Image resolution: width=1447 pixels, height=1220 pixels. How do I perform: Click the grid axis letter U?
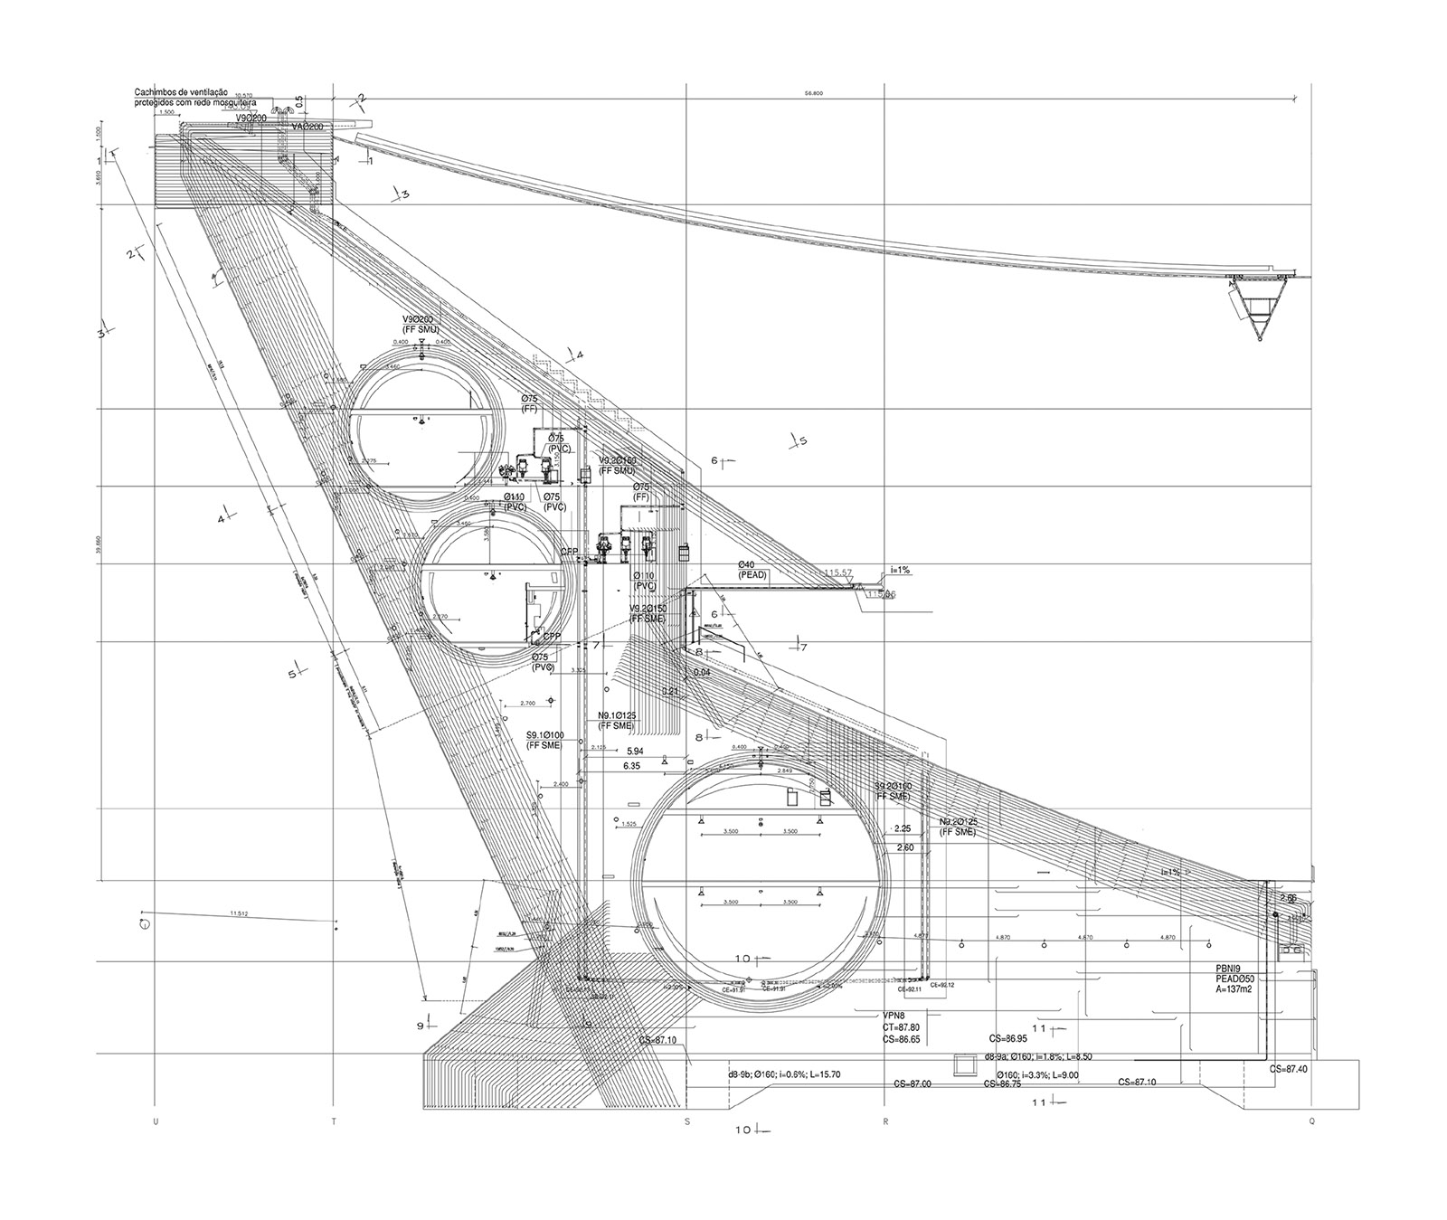(x=156, y=1122)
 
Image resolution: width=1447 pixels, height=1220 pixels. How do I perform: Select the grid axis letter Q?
(x=1312, y=1122)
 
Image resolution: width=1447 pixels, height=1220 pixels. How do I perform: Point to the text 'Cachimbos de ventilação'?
(x=181, y=92)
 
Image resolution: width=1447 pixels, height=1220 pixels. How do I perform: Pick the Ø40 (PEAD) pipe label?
(x=752, y=569)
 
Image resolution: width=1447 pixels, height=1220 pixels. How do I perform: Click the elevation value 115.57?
(x=838, y=572)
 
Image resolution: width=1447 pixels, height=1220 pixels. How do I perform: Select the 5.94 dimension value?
(x=633, y=752)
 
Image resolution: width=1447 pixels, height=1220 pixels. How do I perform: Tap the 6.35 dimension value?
(x=633, y=766)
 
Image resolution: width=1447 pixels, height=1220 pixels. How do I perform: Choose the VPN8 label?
(x=894, y=1016)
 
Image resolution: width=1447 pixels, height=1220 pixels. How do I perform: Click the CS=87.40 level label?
(x=1289, y=1069)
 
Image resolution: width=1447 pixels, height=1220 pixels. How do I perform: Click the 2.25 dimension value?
(x=903, y=828)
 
